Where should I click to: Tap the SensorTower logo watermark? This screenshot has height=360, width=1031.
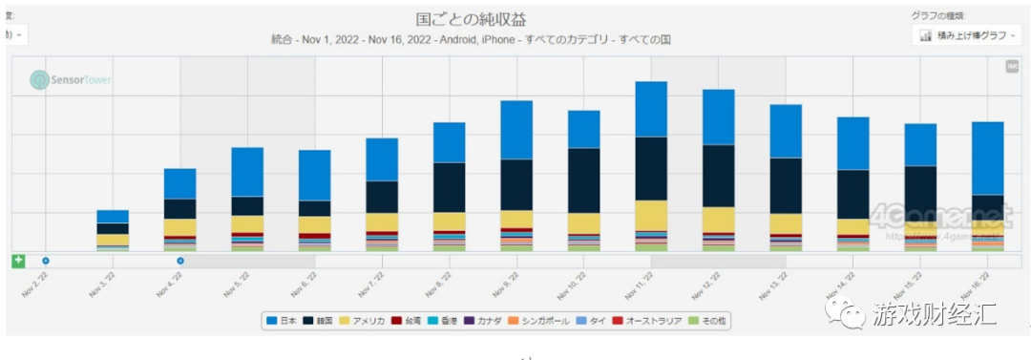click(71, 80)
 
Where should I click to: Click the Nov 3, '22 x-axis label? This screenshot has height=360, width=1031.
click(103, 284)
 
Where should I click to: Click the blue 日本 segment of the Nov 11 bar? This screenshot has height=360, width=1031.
click(651, 109)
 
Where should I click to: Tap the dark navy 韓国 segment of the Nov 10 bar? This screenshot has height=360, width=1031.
click(583, 180)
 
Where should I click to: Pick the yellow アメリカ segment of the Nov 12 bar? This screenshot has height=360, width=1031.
click(718, 220)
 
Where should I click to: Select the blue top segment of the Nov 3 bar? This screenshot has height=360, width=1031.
click(113, 217)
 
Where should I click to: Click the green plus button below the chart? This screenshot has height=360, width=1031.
click(18, 261)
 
